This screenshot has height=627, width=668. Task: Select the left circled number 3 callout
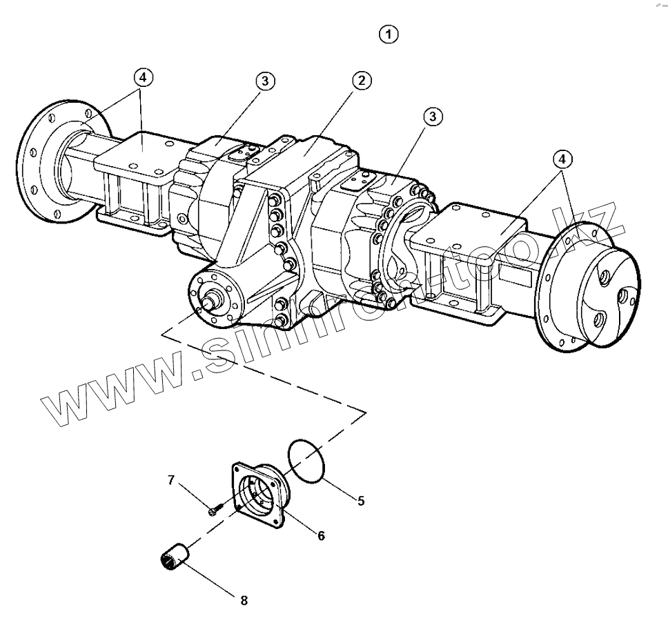(x=265, y=81)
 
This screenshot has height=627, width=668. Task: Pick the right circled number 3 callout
(x=433, y=117)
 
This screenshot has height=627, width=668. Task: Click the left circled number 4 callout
(x=142, y=78)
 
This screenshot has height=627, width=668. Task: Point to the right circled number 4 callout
(x=562, y=159)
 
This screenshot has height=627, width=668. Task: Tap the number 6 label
(x=321, y=535)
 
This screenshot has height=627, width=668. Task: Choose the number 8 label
(x=244, y=600)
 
